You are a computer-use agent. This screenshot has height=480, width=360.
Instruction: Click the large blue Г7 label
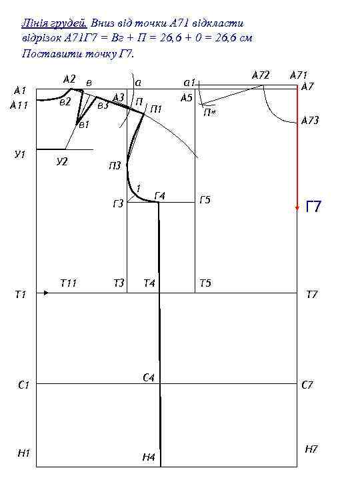click(x=313, y=206)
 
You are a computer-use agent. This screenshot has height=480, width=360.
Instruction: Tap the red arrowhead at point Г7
click(x=297, y=208)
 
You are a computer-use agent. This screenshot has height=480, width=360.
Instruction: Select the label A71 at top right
click(x=299, y=75)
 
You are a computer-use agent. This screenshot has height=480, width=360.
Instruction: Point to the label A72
click(x=261, y=75)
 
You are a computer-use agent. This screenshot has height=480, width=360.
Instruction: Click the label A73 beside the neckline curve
click(x=310, y=120)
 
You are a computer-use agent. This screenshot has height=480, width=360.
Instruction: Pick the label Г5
click(x=205, y=200)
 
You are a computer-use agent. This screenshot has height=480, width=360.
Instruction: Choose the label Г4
click(x=160, y=195)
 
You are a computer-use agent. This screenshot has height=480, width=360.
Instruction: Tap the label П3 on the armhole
click(x=115, y=165)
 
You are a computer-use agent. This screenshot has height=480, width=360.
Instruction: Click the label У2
click(x=62, y=161)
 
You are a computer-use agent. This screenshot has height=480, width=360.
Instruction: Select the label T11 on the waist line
click(x=68, y=283)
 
